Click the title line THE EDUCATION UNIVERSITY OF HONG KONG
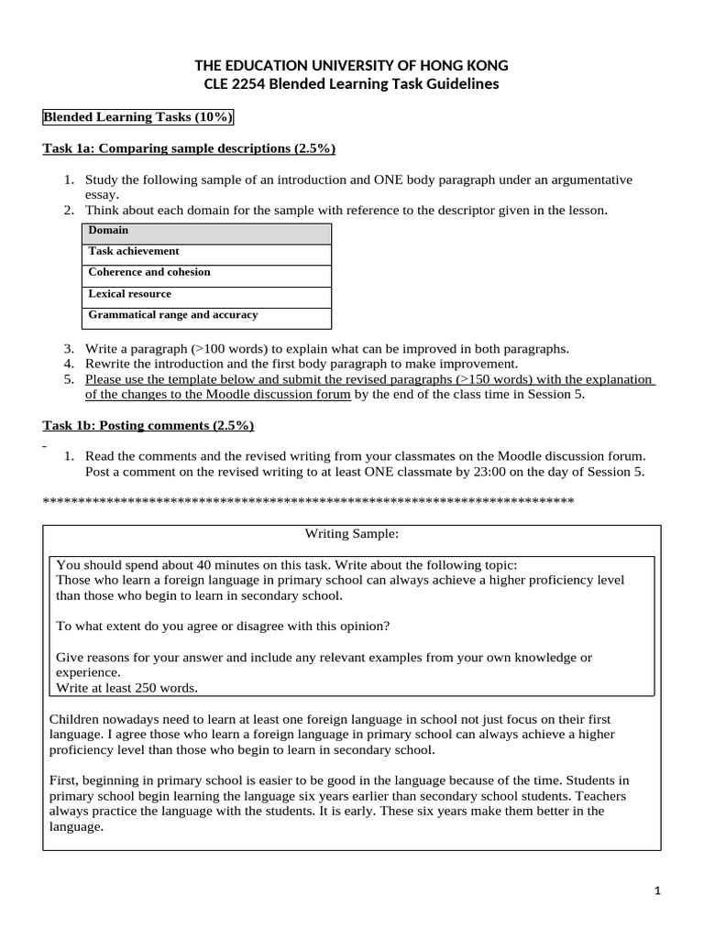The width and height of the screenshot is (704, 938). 351,66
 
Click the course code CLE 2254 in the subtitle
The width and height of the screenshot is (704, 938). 234,84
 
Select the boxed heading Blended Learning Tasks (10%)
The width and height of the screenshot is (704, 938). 137,117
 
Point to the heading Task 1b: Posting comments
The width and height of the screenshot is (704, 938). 148,426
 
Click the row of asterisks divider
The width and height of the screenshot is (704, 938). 308,501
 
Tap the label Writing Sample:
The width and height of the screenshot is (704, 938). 351,533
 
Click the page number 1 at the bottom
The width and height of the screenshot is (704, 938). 657,890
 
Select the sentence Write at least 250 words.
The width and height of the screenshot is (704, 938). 126,687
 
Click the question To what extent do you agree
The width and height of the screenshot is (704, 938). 223,626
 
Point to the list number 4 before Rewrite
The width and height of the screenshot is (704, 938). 69,364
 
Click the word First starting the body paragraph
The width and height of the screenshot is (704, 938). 63,780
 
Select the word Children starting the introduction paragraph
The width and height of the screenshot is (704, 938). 76,719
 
